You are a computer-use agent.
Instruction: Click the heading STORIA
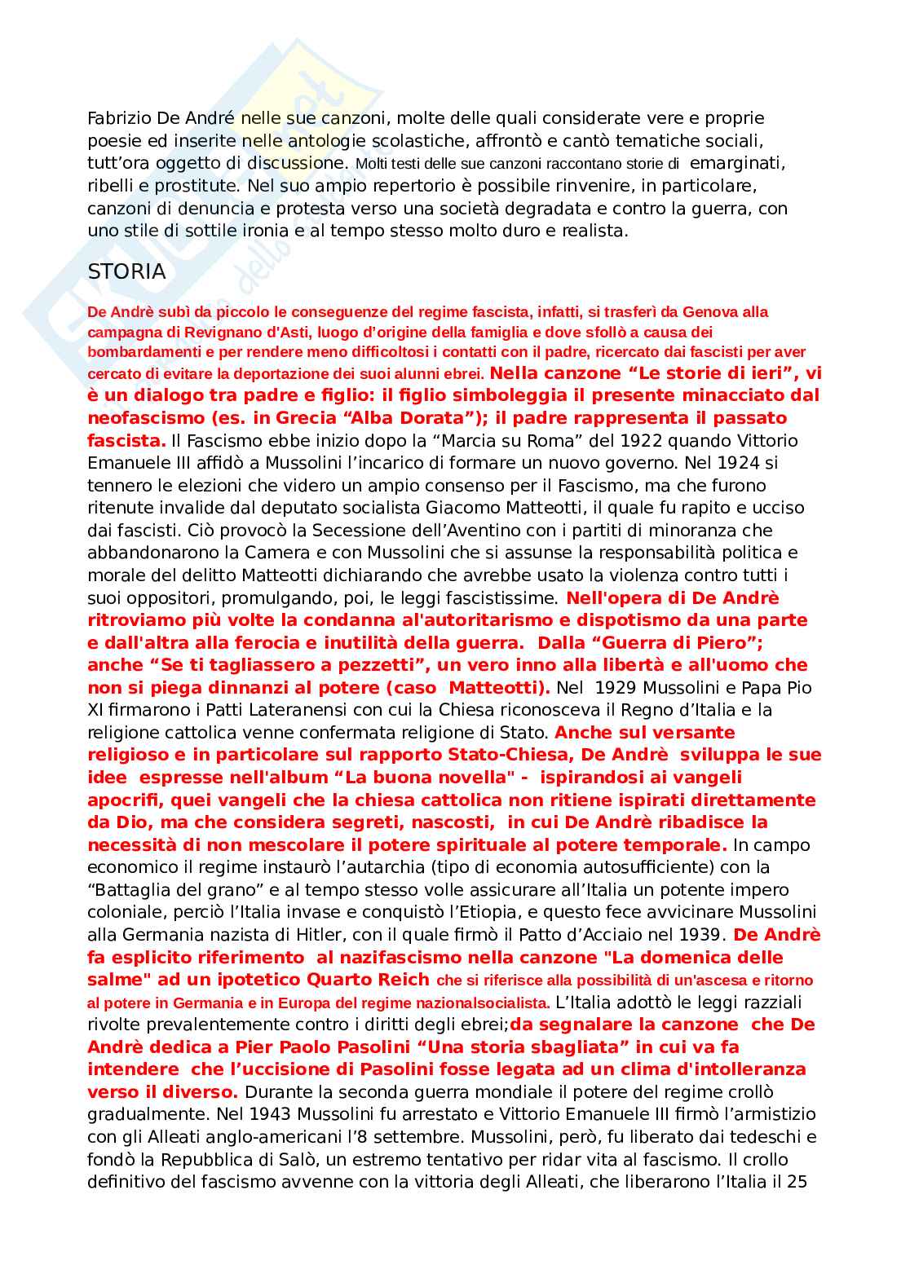click(126, 272)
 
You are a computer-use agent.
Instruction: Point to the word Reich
click(401, 980)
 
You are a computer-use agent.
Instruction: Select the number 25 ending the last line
click(797, 1182)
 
